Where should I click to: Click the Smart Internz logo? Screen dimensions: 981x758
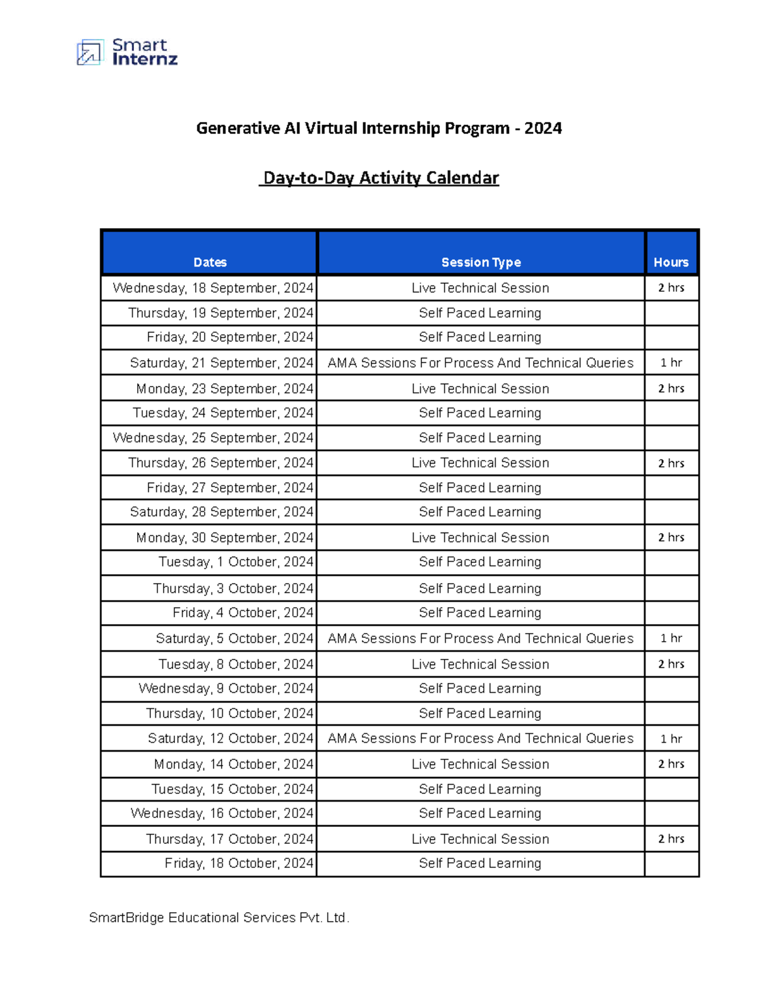(x=127, y=52)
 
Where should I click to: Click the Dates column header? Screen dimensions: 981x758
(x=210, y=262)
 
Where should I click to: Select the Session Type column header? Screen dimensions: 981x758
(x=481, y=262)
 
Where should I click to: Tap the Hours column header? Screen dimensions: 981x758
(x=671, y=262)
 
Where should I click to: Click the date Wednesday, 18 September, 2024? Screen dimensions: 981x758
(x=213, y=288)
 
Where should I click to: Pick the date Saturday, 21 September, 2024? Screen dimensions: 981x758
(x=221, y=363)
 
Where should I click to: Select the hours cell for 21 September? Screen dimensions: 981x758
(x=671, y=363)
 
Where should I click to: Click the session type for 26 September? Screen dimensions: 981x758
(x=480, y=463)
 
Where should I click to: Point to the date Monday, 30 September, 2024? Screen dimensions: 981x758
(x=224, y=538)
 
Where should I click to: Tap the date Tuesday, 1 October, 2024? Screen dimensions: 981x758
(x=236, y=562)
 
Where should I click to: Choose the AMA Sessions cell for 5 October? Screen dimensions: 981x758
(x=480, y=639)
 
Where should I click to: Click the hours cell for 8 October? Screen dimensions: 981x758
(x=671, y=664)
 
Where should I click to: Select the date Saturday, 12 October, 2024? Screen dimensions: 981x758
(x=231, y=738)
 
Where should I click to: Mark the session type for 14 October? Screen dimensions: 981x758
(x=480, y=764)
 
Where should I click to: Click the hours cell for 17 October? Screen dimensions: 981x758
(x=671, y=839)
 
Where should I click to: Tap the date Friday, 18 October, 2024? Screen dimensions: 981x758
(x=239, y=864)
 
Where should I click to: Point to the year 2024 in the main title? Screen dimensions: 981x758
(x=543, y=128)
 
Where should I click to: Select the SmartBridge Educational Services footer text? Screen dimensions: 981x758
(x=219, y=917)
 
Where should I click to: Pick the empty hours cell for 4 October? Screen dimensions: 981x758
(x=671, y=613)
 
